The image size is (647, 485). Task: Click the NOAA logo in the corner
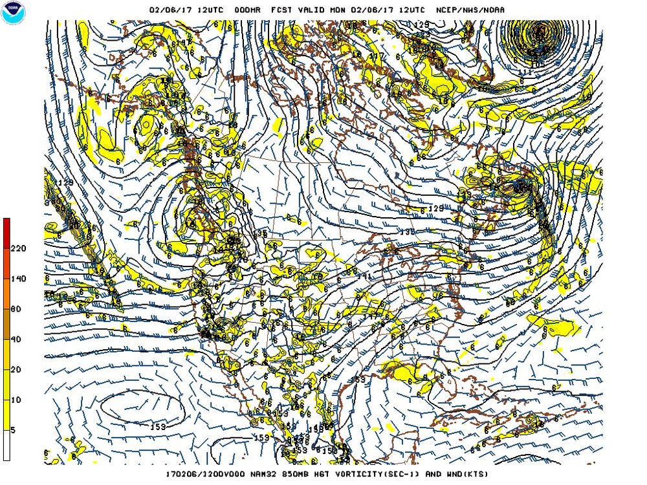click(x=12, y=14)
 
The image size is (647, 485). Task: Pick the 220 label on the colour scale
click(x=17, y=248)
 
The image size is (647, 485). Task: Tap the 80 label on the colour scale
click(x=16, y=308)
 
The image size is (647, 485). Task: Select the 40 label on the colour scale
click(x=16, y=339)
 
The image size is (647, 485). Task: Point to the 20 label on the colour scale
click(x=16, y=369)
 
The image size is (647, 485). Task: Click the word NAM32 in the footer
click(x=255, y=474)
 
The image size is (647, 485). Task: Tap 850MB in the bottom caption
click(x=289, y=474)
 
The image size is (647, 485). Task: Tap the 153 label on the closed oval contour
click(x=157, y=426)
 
